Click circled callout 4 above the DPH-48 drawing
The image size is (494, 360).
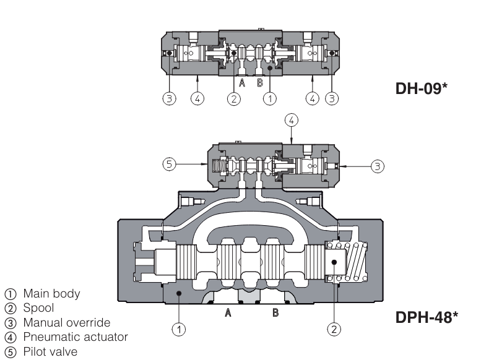[x=291, y=119]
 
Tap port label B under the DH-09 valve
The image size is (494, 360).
[x=260, y=83]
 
